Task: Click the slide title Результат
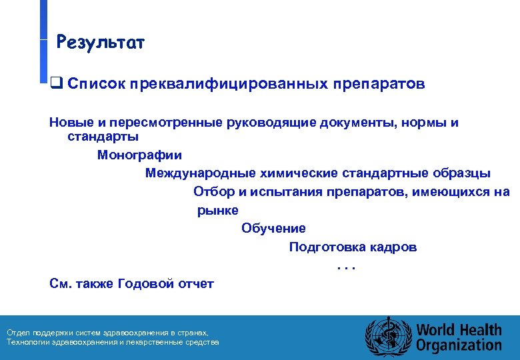pos(101,43)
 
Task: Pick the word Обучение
pos(273,229)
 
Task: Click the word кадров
pos(393,247)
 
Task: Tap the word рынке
pos(218,211)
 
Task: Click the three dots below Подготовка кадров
pos(347,266)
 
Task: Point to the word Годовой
pos(145,284)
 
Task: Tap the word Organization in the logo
pos(459,345)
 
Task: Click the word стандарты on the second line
pos(103,137)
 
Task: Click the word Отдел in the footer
pos(17,333)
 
